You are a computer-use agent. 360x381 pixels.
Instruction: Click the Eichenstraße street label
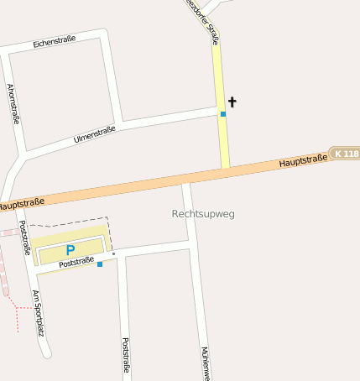[55, 40]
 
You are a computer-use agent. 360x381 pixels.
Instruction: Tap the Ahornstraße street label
[13, 104]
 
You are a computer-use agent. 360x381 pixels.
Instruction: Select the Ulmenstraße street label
[93, 134]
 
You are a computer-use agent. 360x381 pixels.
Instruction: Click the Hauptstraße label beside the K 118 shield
[303, 159]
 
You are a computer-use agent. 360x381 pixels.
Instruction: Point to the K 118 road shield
[345, 154]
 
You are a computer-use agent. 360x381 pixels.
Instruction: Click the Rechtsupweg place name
[203, 214]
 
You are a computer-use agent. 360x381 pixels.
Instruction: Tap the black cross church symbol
[232, 102]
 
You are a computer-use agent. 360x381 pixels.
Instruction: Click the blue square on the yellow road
[223, 114]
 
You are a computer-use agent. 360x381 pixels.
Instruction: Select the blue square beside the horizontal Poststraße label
[100, 264]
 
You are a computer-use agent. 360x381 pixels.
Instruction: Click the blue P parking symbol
[70, 249]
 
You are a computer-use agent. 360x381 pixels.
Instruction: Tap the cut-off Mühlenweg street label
[205, 363]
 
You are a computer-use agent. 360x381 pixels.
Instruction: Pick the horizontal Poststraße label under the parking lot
[76, 263]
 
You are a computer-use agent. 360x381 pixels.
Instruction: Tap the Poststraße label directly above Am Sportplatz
[24, 237]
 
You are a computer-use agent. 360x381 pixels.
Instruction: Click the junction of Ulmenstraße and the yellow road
[221, 109]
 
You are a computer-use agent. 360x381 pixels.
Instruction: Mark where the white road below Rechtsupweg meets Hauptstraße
[187, 181]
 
